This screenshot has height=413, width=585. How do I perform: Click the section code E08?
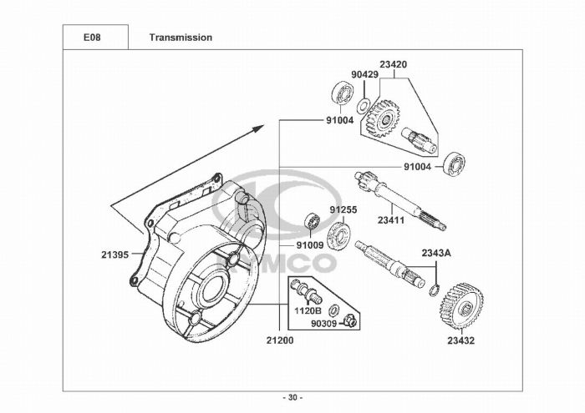point(92,38)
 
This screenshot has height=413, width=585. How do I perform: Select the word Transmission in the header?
point(181,38)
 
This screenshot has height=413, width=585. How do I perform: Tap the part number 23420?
point(394,64)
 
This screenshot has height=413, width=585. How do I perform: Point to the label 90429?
point(365,74)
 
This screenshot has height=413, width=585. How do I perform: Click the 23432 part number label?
point(461,340)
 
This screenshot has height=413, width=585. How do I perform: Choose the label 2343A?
point(436,254)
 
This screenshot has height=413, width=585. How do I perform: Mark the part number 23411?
point(391,220)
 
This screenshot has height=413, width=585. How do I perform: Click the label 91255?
point(343,209)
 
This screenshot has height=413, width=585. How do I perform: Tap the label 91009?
point(310,245)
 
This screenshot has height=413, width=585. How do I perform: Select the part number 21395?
point(115,254)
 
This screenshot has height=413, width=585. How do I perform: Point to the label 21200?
point(280,340)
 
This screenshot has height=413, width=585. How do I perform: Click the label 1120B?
point(308,310)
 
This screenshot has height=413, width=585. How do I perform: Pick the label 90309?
point(324,324)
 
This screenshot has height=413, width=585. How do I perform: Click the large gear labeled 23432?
point(462,305)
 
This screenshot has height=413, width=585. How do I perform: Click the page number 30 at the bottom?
point(292,398)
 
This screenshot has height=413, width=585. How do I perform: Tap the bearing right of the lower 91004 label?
point(454,164)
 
